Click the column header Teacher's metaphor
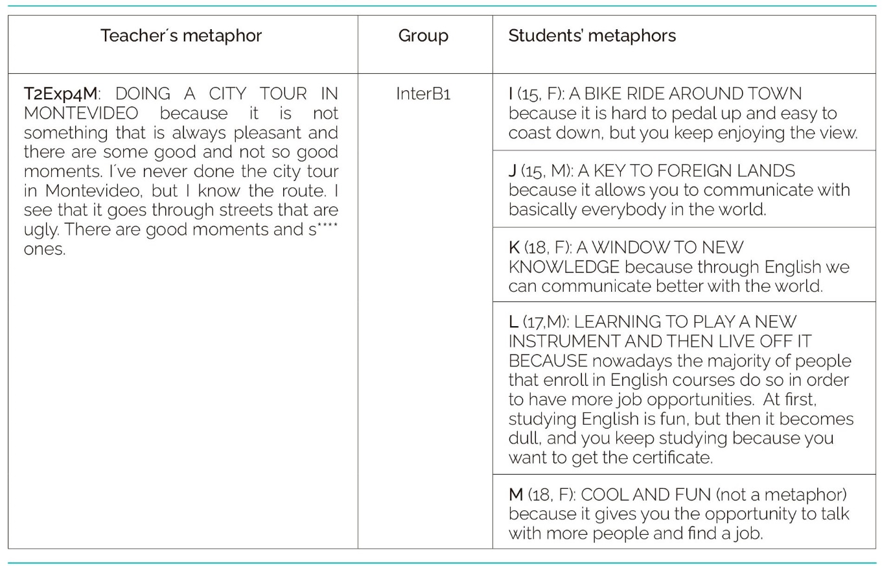181,36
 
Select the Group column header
423,36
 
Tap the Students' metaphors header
592,36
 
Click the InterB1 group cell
423,94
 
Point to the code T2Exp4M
60,94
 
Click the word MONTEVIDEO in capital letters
81,113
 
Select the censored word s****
323,230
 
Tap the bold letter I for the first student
511,94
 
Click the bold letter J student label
513,171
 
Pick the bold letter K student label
514,248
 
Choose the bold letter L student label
513,322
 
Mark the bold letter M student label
516,495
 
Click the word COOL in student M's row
603,495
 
